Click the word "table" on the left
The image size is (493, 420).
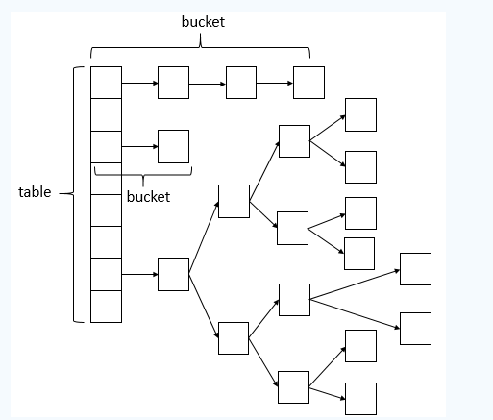click(35, 192)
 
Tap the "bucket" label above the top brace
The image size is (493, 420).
click(203, 22)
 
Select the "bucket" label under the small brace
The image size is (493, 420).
click(148, 196)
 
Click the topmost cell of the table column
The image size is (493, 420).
click(106, 83)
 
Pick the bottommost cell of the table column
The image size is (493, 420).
click(106, 307)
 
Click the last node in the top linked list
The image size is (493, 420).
click(308, 83)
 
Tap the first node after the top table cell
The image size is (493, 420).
click(173, 83)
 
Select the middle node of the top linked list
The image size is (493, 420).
click(241, 83)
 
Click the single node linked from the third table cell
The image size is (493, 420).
click(173, 146)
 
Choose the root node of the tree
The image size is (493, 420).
click(173, 274)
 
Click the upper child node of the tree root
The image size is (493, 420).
click(234, 201)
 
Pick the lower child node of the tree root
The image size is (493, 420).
click(234, 338)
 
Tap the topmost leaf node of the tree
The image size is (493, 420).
click(360, 114)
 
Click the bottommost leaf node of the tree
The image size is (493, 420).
click(360, 399)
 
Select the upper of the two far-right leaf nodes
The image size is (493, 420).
click(415, 269)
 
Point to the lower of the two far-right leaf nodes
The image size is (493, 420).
click(415, 329)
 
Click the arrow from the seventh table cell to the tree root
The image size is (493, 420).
click(139, 274)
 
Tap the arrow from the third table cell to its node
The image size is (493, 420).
click(139, 146)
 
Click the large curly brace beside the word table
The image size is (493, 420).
click(74, 194)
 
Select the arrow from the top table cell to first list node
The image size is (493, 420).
click(139, 83)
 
